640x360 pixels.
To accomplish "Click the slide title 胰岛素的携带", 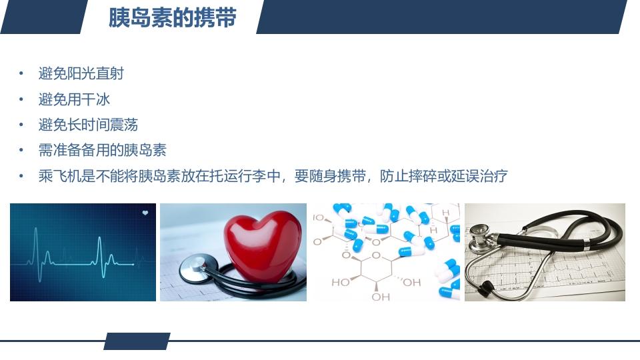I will (172, 18).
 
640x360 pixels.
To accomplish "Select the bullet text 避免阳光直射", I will (81, 73).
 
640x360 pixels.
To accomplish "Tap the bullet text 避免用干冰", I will (74, 99).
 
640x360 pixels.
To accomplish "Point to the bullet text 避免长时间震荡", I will (88, 125).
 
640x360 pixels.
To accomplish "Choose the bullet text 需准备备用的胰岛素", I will (102, 150).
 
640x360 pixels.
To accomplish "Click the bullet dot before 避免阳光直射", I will (21, 74).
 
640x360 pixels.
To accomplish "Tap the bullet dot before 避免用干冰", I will (21, 100).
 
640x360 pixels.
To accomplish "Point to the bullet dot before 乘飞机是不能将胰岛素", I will (21, 177).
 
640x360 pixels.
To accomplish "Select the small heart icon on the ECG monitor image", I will (145, 213).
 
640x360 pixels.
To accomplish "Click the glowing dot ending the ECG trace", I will (133, 265).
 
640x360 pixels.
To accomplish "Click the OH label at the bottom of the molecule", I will (381, 297).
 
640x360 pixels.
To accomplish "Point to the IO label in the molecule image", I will (319, 217).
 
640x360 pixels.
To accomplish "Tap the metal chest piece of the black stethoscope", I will (480, 233).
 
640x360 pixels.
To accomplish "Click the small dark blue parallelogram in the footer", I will (137, 341).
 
